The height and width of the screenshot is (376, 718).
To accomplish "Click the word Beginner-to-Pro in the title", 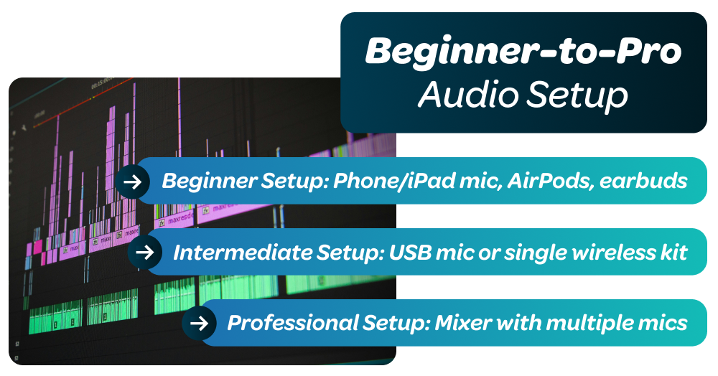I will tap(523, 53).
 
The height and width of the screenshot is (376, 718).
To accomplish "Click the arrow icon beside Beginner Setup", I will tap(132, 182).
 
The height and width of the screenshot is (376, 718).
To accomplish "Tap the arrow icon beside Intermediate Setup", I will tap(144, 252).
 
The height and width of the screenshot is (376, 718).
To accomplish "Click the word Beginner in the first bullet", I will tap(205, 182).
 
